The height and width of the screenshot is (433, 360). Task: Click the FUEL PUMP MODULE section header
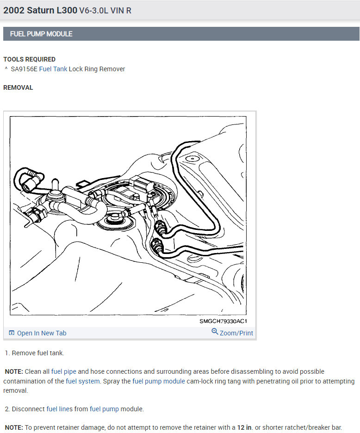[x=41, y=34]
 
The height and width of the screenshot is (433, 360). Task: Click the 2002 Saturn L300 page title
[x=40, y=10]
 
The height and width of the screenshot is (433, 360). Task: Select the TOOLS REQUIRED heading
[x=29, y=59]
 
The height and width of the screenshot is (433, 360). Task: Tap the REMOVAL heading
[x=18, y=87]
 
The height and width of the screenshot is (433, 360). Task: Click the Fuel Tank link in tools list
[x=53, y=69]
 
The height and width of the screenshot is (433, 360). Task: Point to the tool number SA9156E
[x=24, y=69]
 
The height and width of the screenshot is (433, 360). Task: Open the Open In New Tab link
[x=42, y=333]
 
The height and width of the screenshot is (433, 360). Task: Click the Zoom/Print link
[x=236, y=333]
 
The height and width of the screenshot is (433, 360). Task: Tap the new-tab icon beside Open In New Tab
[x=12, y=333]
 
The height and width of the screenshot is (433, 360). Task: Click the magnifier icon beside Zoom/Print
[x=215, y=331]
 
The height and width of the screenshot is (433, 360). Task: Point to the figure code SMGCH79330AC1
[x=223, y=321]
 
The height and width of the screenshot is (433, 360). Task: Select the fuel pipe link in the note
[x=63, y=371]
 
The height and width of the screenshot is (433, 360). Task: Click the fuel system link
[x=83, y=381]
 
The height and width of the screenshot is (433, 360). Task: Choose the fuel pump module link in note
[x=159, y=381]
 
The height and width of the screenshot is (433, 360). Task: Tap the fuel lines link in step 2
[x=59, y=409]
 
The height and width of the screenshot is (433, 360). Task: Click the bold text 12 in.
[x=244, y=427]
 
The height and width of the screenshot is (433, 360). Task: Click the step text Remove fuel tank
[x=38, y=353]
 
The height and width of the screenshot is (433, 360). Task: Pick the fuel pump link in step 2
[x=104, y=409]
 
